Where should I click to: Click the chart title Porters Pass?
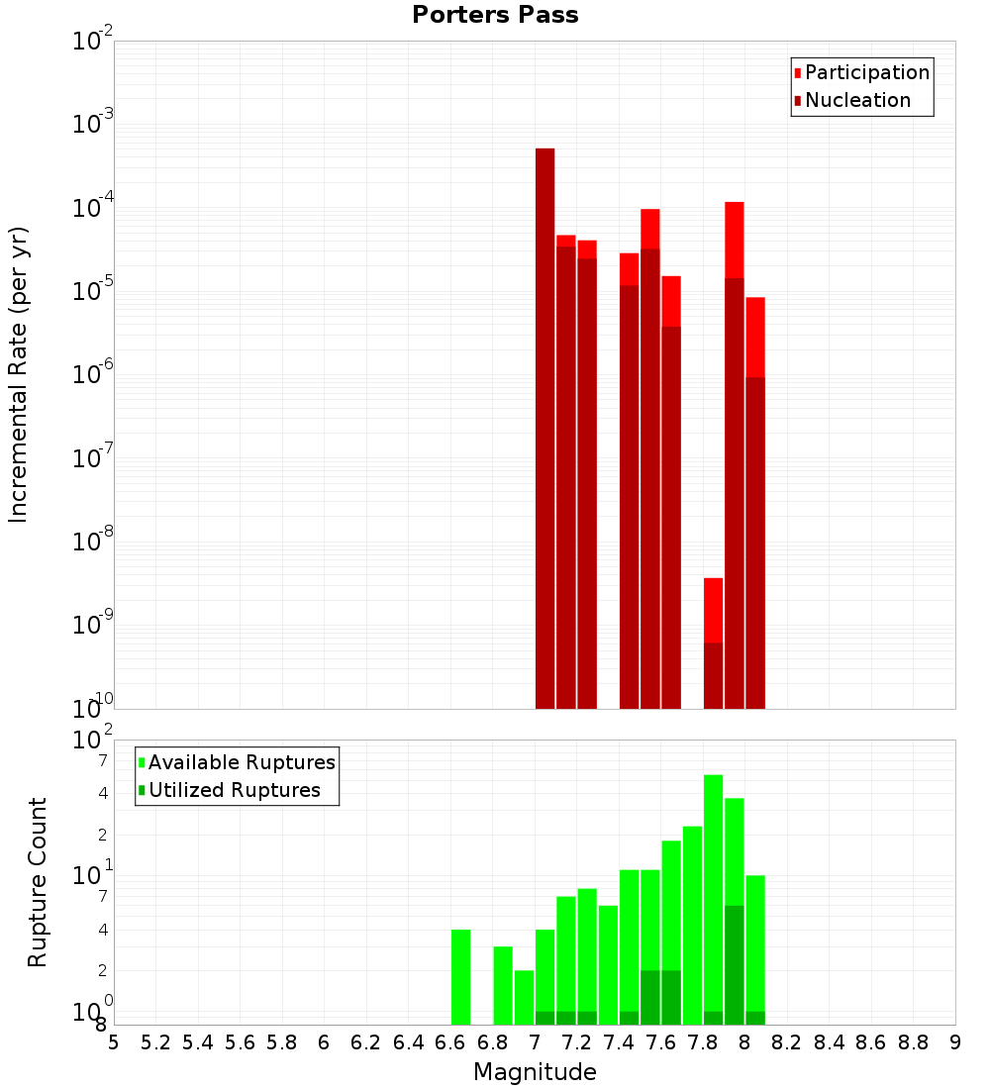[x=495, y=15]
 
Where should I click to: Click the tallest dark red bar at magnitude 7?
[x=544, y=426]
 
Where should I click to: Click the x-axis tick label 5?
[x=114, y=1042]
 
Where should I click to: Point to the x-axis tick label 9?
[x=954, y=1042]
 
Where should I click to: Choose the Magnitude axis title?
[x=535, y=1072]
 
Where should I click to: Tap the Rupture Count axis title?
[x=38, y=881]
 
